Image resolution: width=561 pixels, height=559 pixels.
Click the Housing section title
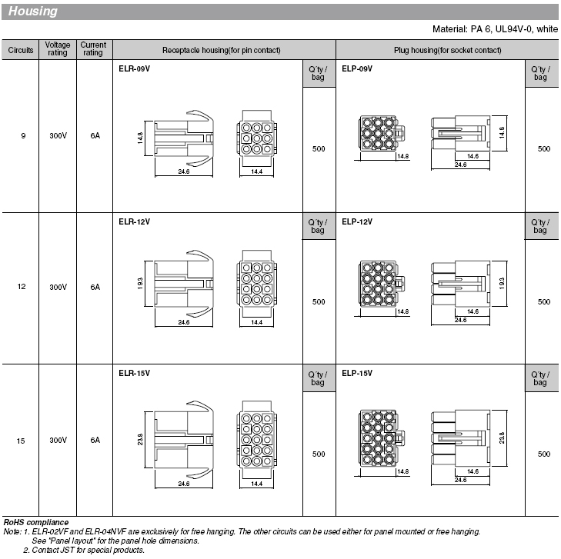(x=33, y=12)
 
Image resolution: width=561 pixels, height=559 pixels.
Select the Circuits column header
(x=21, y=50)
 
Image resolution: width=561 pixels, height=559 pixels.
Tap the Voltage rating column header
(x=58, y=49)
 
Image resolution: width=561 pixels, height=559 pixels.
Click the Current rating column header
(x=93, y=49)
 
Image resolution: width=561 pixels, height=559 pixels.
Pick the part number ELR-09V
(x=134, y=68)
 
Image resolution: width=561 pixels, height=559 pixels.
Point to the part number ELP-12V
(x=357, y=221)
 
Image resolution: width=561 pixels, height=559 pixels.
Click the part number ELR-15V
(x=134, y=374)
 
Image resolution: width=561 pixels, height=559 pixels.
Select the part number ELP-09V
(x=357, y=68)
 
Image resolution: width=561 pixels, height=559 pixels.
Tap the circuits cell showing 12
(x=22, y=287)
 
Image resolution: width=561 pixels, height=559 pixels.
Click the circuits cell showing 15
(x=22, y=441)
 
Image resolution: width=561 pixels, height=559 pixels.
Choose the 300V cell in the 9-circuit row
(x=58, y=136)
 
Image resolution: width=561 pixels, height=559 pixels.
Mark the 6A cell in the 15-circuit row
(x=95, y=441)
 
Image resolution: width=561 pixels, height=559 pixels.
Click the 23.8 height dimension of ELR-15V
(x=140, y=439)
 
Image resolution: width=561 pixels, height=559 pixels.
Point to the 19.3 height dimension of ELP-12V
(x=502, y=283)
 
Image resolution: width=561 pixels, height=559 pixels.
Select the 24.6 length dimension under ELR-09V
(x=184, y=172)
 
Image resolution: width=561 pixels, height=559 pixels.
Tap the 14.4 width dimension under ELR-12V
(x=256, y=323)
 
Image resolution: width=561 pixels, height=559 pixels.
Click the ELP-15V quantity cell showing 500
(x=543, y=454)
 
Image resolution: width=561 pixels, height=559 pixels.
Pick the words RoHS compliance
(x=35, y=523)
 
